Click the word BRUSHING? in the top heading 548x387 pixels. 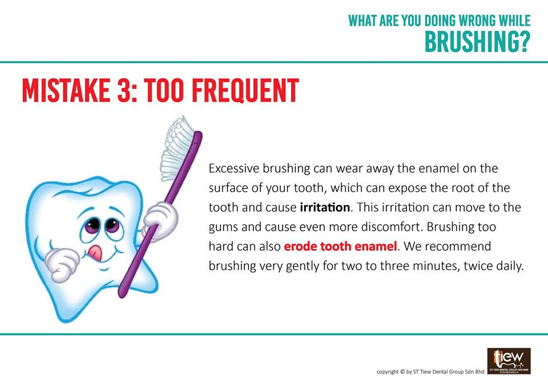pos(477,42)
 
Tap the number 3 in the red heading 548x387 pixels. pos(124,90)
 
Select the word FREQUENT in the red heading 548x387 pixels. pos(245,90)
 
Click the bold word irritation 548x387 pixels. pos(325,207)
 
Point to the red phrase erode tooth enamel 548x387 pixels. pos(340,246)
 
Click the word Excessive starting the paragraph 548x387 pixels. pos(234,168)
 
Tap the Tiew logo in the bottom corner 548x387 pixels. pos(509,361)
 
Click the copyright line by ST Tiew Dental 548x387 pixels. pos(430,372)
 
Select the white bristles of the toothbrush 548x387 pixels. pos(176,147)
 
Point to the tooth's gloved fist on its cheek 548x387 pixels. pos(62,264)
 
